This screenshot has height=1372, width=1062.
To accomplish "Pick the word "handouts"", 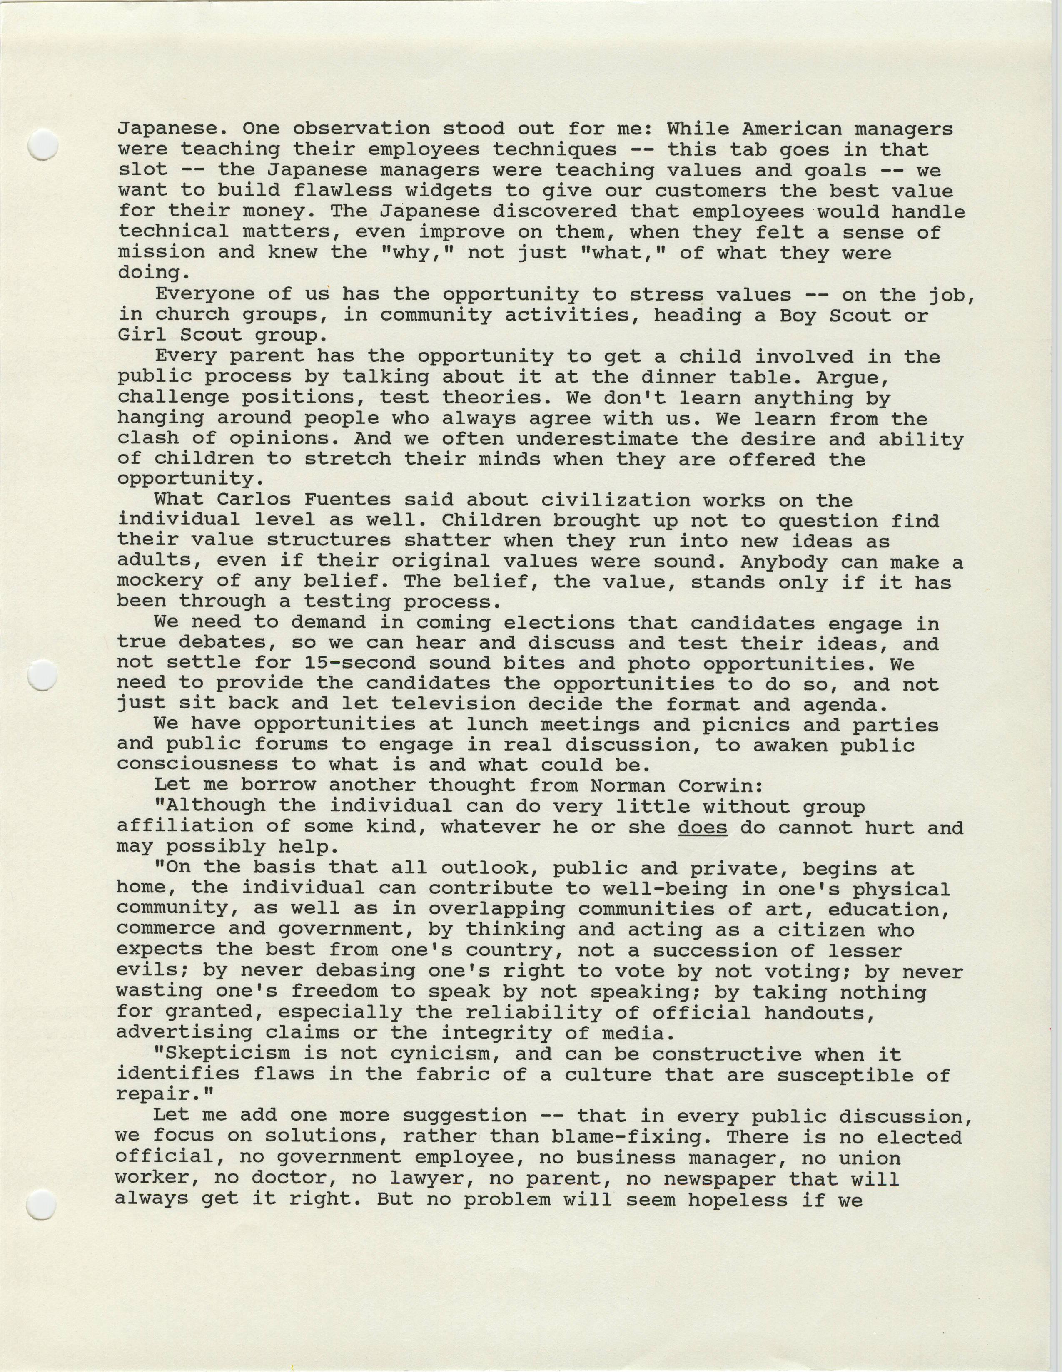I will coord(815,1013).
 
